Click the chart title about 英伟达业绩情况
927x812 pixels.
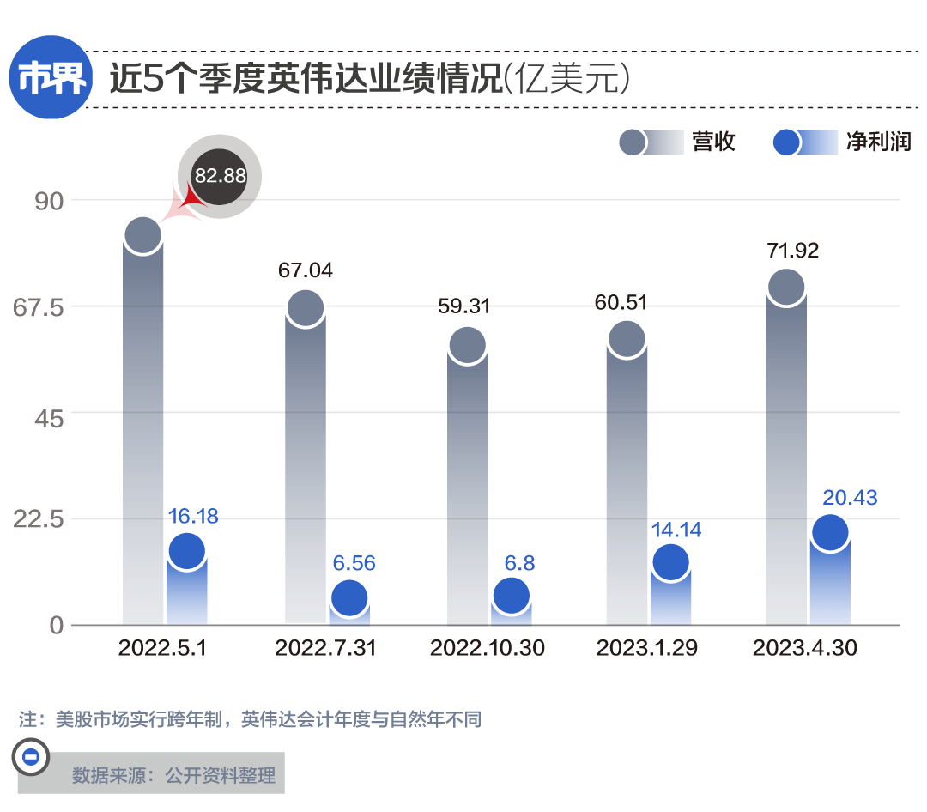pos(369,80)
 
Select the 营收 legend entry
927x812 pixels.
pos(678,142)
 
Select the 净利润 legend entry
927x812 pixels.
pos(841,142)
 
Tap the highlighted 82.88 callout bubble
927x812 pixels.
pos(220,176)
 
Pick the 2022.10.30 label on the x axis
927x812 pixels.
pos(487,648)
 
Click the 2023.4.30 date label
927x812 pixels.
pos(804,648)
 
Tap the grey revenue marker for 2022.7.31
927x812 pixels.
pos(305,307)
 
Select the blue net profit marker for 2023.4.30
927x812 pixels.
pos(830,532)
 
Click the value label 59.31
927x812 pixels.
pos(463,306)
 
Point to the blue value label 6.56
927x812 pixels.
pos(354,564)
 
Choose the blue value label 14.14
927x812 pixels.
pos(676,530)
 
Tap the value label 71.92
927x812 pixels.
pos(791,251)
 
